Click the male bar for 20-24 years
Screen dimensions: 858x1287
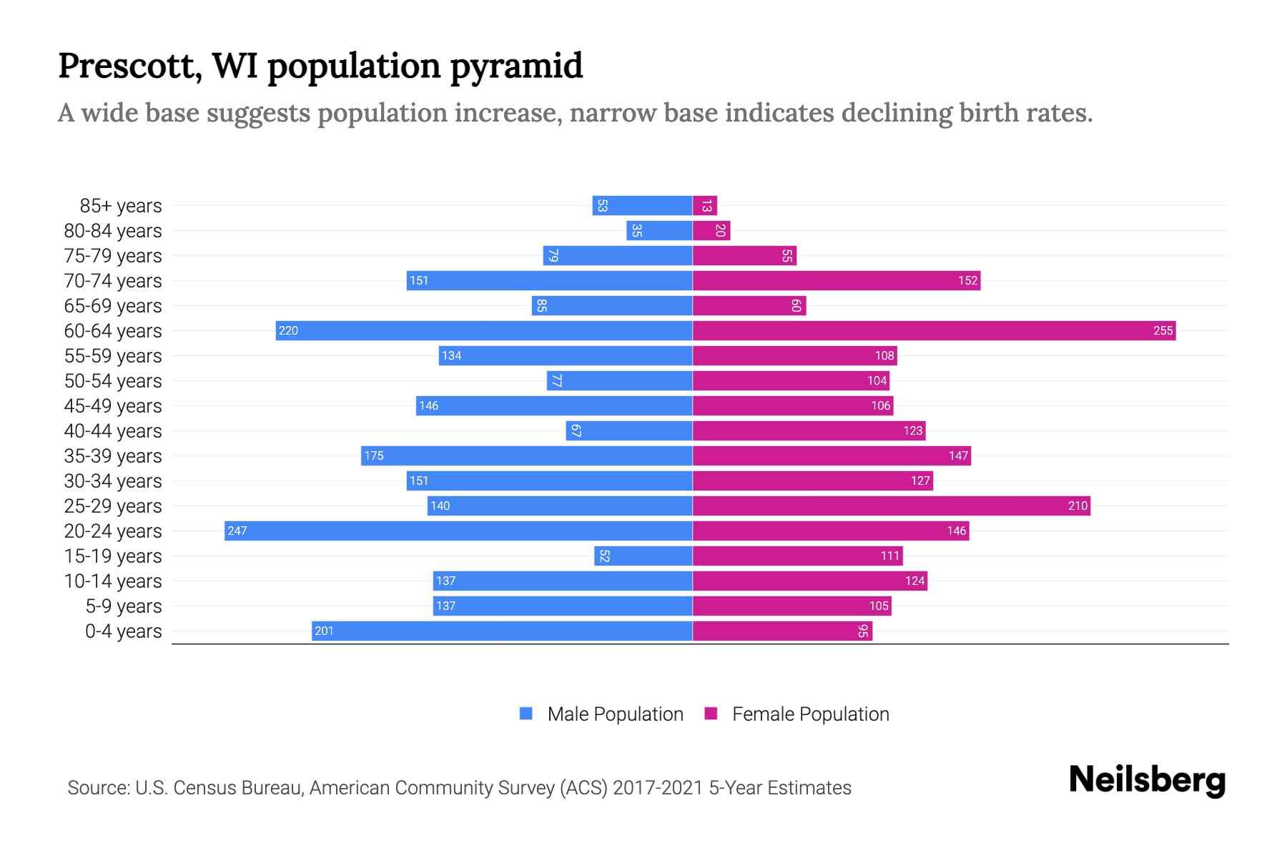pyautogui.click(x=458, y=531)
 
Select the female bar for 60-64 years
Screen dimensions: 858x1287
pyautogui.click(x=934, y=330)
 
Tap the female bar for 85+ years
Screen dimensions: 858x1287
pyautogui.click(x=705, y=205)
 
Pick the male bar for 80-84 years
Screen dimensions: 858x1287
pyautogui.click(x=659, y=230)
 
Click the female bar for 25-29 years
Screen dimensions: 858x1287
pyautogui.click(x=891, y=506)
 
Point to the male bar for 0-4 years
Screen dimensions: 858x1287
pyautogui.click(x=502, y=631)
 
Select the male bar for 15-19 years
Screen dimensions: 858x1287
pyautogui.click(x=643, y=556)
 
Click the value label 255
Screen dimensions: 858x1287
pyautogui.click(x=1163, y=330)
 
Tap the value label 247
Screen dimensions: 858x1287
pyautogui.click(x=237, y=531)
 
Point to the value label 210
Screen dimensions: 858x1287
pyautogui.click(x=1078, y=506)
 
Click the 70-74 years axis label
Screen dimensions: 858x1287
pyautogui.click(x=113, y=281)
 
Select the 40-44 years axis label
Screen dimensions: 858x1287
pyautogui.click(x=113, y=431)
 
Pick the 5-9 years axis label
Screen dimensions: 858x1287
pyautogui.click(x=124, y=606)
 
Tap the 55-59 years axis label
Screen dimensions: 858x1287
pyautogui.click(x=113, y=356)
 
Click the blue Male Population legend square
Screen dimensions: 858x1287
pyautogui.click(x=526, y=714)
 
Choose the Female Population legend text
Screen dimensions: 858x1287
pyautogui.click(x=810, y=714)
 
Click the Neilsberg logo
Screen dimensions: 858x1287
pyautogui.click(x=1147, y=780)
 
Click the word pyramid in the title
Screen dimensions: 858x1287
pyautogui.click(x=516, y=66)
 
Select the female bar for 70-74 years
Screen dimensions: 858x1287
pyautogui.click(x=837, y=280)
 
